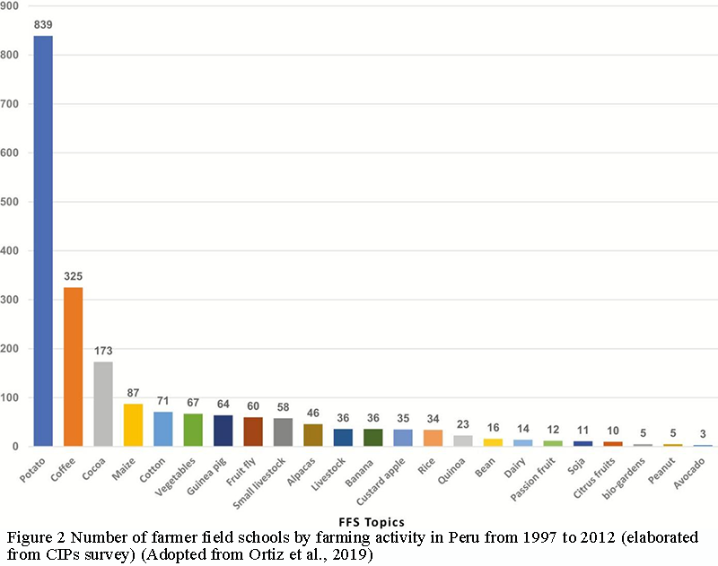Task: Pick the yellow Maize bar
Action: pos(133,424)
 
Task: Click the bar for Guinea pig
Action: pos(223,431)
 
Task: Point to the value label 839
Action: pos(43,25)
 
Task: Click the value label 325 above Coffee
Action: pos(73,276)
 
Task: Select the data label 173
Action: pos(103,351)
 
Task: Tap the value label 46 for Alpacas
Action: pos(312,413)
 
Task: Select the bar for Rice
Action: pos(433,438)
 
